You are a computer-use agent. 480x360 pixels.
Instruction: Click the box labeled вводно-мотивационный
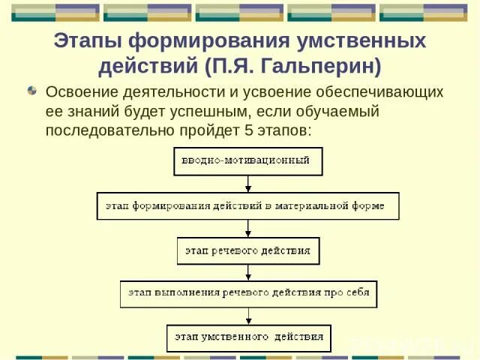(x=248, y=161)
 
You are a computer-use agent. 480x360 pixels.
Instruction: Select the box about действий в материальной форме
(x=247, y=205)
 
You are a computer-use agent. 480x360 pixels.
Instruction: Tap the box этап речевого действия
(x=248, y=250)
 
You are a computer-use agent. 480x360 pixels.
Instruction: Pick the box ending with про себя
(x=248, y=293)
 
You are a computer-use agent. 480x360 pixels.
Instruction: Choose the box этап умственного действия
(x=248, y=337)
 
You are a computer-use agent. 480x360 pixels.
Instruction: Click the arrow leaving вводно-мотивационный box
(x=248, y=184)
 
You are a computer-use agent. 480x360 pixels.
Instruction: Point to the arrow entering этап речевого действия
(x=248, y=229)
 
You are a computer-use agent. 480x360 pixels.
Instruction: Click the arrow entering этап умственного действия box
(x=248, y=316)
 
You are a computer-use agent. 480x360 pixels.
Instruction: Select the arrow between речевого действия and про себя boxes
(x=248, y=272)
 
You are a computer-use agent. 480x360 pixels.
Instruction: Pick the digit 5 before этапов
(x=244, y=130)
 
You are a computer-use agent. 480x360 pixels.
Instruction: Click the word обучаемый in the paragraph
(x=341, y=111)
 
